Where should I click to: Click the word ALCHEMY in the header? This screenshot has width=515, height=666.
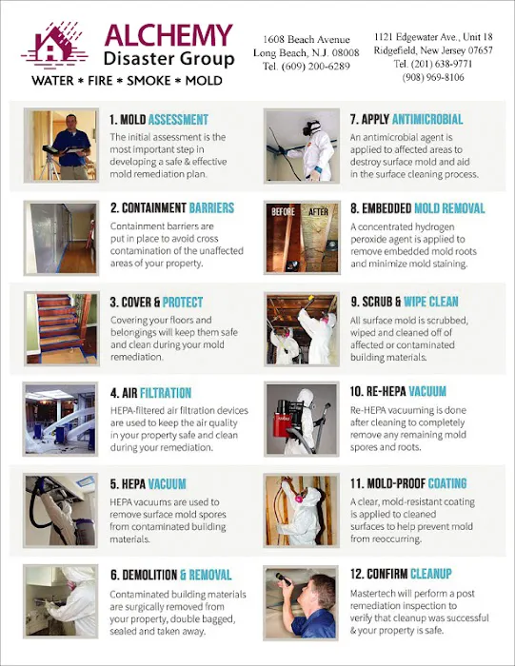168,35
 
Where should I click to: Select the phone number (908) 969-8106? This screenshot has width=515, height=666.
433,77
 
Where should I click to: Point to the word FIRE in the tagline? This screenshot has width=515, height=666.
100,81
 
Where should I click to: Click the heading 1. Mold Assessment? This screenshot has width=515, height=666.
159,120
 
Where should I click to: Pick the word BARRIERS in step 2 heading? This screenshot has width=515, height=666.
211,207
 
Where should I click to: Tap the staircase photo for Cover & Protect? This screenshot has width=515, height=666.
62,328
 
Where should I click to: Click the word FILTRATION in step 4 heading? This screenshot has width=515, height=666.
166,393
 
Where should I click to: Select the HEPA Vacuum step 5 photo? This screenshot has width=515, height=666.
61,510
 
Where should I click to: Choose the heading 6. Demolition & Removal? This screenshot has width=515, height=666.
170,575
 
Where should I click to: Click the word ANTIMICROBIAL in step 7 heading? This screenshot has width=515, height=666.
427,119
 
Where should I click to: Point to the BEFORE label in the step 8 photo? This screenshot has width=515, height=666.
283,211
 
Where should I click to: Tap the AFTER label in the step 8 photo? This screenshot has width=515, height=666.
318,211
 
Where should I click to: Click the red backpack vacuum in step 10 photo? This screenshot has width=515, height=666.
285,421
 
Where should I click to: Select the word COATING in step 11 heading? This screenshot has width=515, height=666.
447,483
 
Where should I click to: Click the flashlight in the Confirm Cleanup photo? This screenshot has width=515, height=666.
284,579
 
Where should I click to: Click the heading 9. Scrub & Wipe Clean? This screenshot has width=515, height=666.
405,302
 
